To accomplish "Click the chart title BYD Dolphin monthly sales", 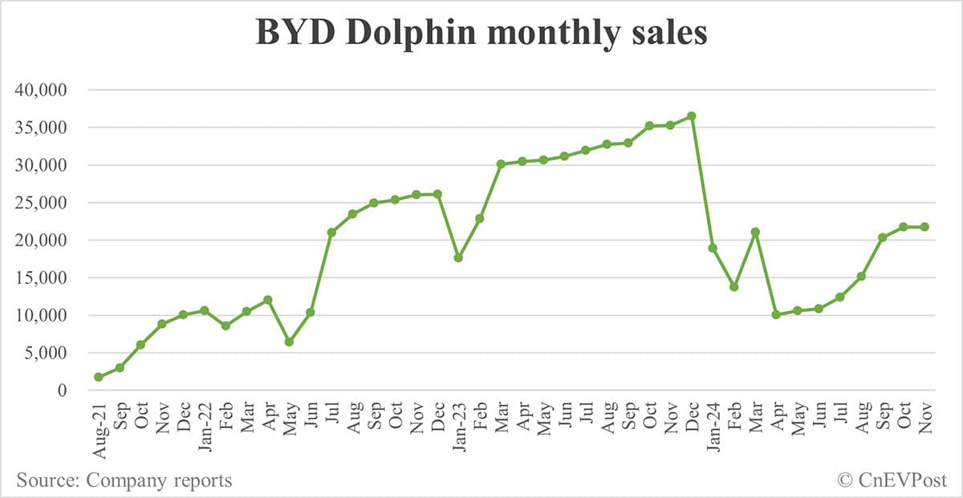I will tap(481, 34).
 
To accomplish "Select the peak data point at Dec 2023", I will tap(692, 116).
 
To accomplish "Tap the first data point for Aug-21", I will tap(98, 377).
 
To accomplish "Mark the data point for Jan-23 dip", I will tap(458, 257).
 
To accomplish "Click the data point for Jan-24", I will tap(713, 248).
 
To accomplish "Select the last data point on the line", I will tap(924, 227).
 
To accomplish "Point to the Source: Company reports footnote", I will tap(124, 480).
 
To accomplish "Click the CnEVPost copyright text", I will tap(892, 480).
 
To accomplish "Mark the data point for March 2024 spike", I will tap(755, 232).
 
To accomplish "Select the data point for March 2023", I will tap(501, 164).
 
